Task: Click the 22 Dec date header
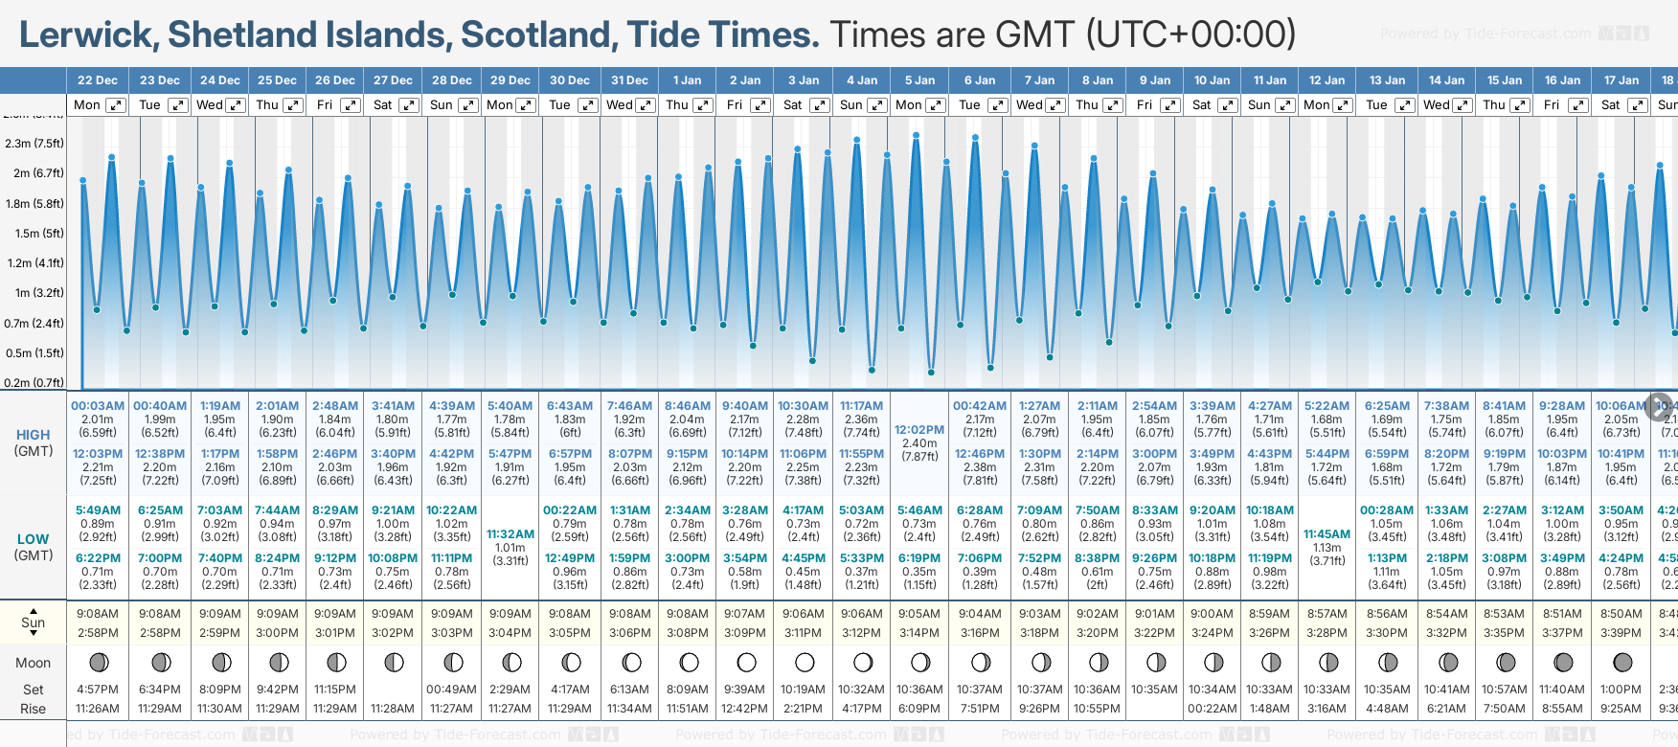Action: point(98,80)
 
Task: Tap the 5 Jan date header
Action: point(919,80)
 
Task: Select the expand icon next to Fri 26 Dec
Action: point(351,105)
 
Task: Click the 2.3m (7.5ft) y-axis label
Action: point(34,144)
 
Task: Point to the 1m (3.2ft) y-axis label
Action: point(34,293)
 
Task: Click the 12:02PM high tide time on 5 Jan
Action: point(919,430)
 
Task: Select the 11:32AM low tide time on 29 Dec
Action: point(510,534)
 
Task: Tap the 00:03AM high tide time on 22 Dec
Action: point(98,406)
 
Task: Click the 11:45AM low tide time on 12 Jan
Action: point(1327,534)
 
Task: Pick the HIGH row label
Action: point(34,435)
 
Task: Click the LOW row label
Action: point(34,539)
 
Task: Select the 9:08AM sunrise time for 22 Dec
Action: point(98,614)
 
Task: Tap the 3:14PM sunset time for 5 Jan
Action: point(919,633)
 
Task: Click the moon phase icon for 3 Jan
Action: point(805,663)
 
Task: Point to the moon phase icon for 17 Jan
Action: point(1621,663)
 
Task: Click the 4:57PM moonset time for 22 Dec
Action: point(98,690)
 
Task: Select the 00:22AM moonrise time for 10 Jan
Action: point(1212,709)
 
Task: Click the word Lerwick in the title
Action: point(88,35)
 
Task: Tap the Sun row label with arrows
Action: point(34,622)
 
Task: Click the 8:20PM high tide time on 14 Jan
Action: point(1446,454)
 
